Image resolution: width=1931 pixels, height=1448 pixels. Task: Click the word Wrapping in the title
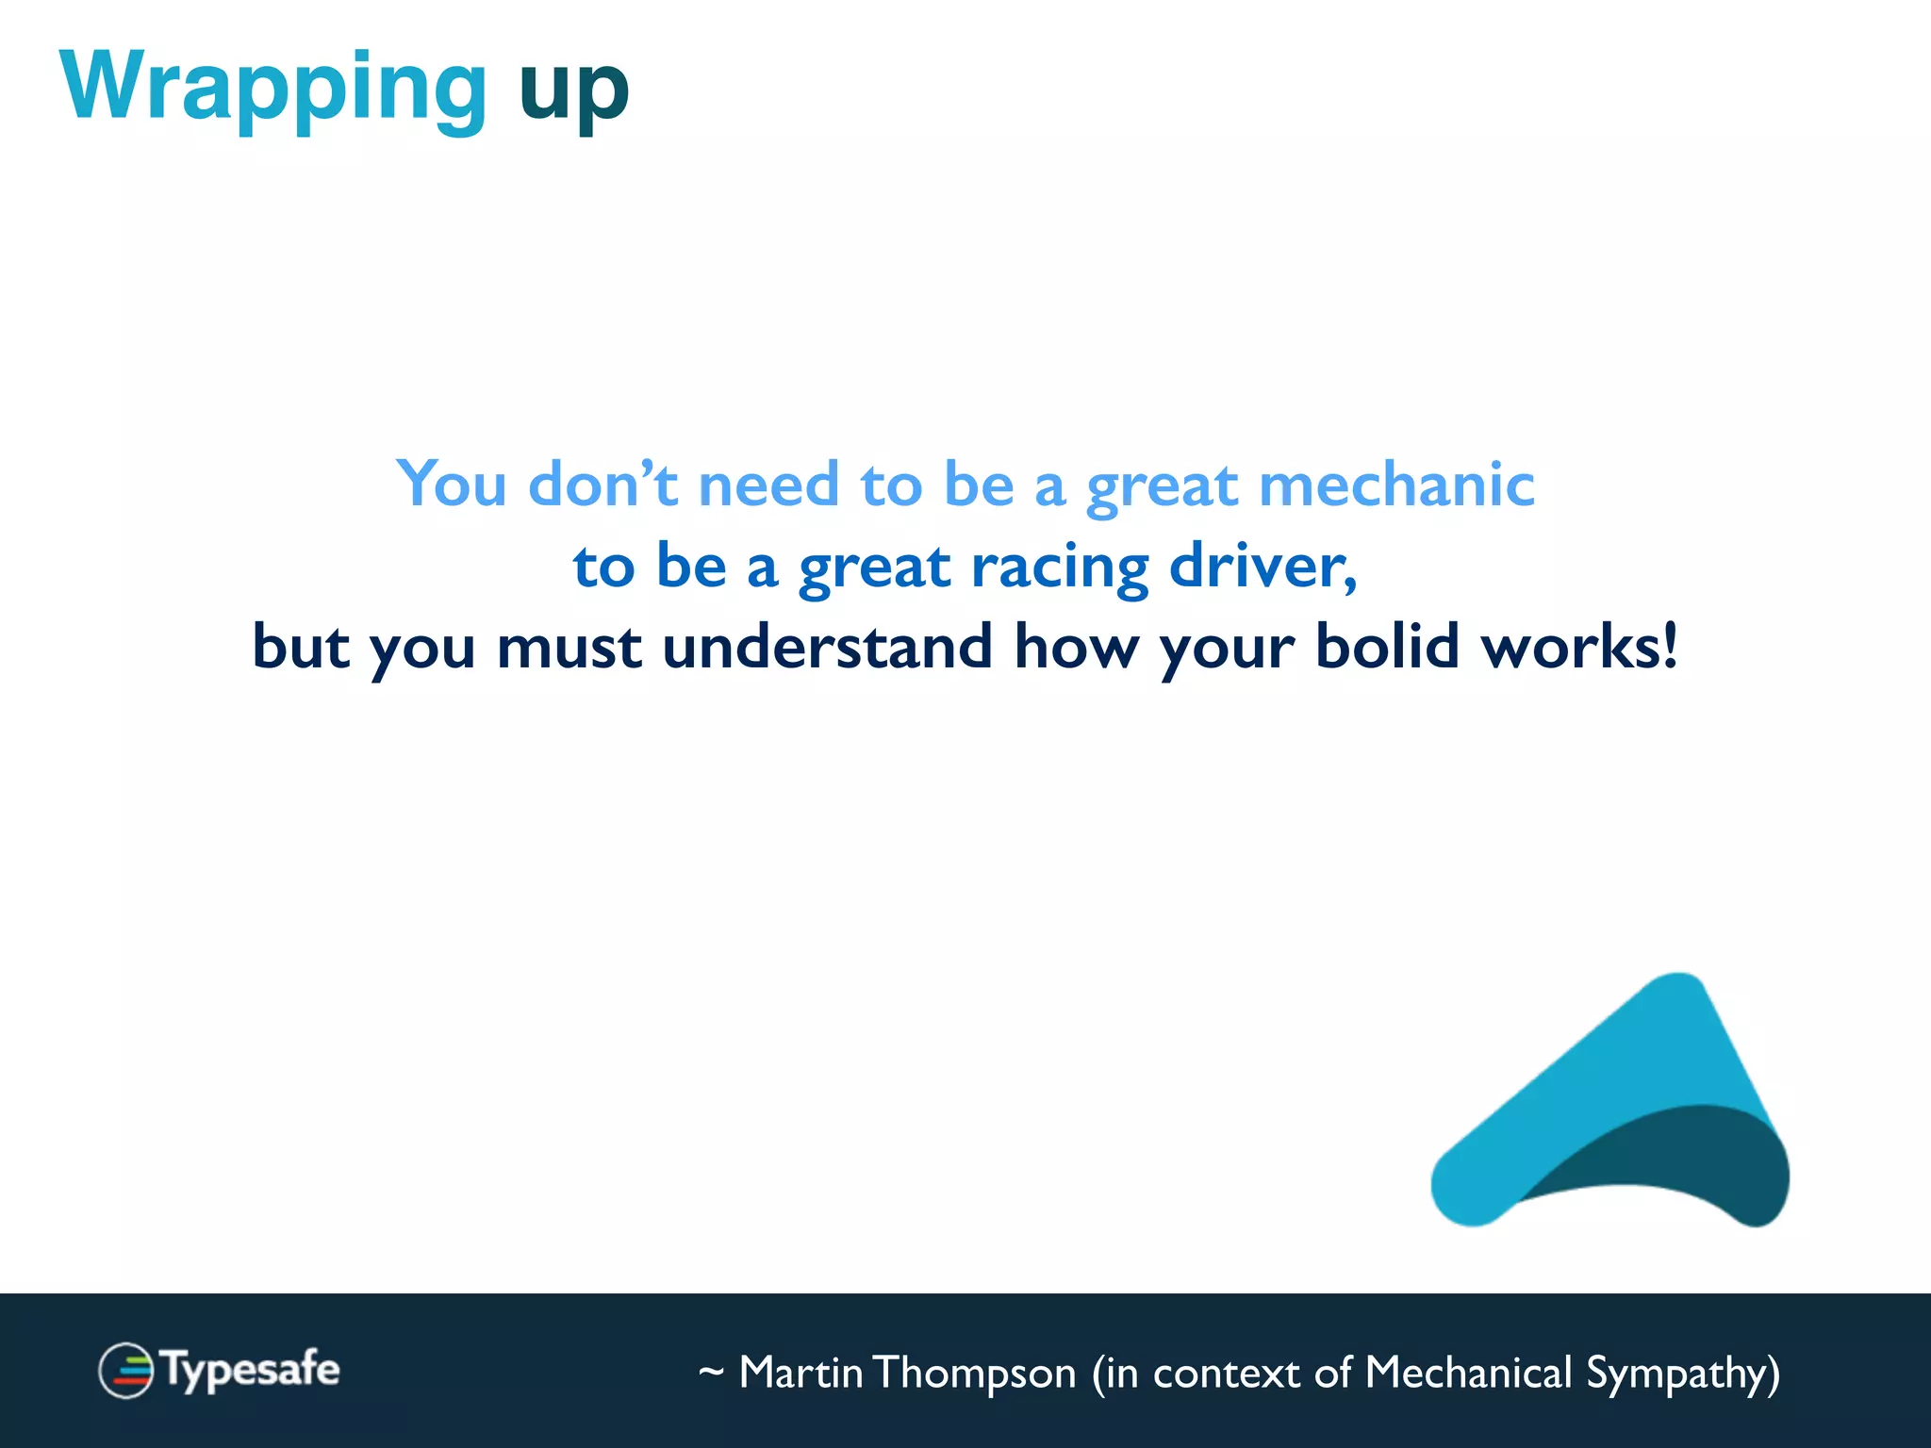point(273,87)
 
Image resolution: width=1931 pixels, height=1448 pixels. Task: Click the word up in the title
point(573,90)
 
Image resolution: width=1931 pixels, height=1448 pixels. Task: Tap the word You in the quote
point(451,485)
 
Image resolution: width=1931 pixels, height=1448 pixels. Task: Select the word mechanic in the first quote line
point(1396,485)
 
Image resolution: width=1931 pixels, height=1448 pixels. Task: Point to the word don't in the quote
point(602,485)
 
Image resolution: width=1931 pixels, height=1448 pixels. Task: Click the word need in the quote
point(768,485)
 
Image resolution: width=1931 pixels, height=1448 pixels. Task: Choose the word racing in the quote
point(1060,568)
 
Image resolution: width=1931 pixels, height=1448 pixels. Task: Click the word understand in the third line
point(827,647)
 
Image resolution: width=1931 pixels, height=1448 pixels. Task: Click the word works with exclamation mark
point(1579,647)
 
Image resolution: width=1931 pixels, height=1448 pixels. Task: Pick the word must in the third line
point(569,649)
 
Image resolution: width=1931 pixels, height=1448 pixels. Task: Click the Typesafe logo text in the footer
point(250,1370)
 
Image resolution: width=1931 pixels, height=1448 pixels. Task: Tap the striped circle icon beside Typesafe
point(125,1370)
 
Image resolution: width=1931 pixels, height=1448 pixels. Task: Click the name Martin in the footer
point(800,1373)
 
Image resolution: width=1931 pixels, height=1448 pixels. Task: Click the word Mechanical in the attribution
point(1468,1373)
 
